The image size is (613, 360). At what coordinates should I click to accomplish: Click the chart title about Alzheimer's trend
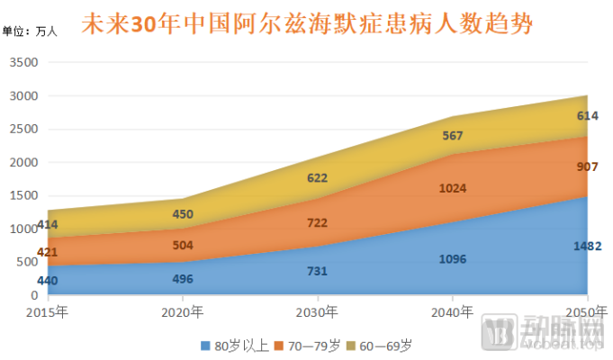coord(306,23)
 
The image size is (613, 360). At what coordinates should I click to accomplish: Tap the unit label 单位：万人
coord(30,31)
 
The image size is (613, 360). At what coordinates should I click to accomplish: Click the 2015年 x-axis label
coord(48,312)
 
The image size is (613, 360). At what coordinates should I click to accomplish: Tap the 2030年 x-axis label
coord(318,312)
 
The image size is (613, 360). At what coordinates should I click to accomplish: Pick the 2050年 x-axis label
coord(586,312)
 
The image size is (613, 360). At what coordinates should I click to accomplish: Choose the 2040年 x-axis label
coord(453,312)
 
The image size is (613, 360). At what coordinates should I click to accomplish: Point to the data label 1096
coord(452,259)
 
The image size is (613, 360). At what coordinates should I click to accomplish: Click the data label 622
coord(317,178)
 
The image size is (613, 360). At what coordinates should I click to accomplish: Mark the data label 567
coord(452,135)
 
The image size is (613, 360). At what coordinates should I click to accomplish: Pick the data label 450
coord(182,213)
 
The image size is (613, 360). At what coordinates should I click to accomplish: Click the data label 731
coord(317,271)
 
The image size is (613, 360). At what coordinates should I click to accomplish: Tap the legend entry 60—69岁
coord(385,345)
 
